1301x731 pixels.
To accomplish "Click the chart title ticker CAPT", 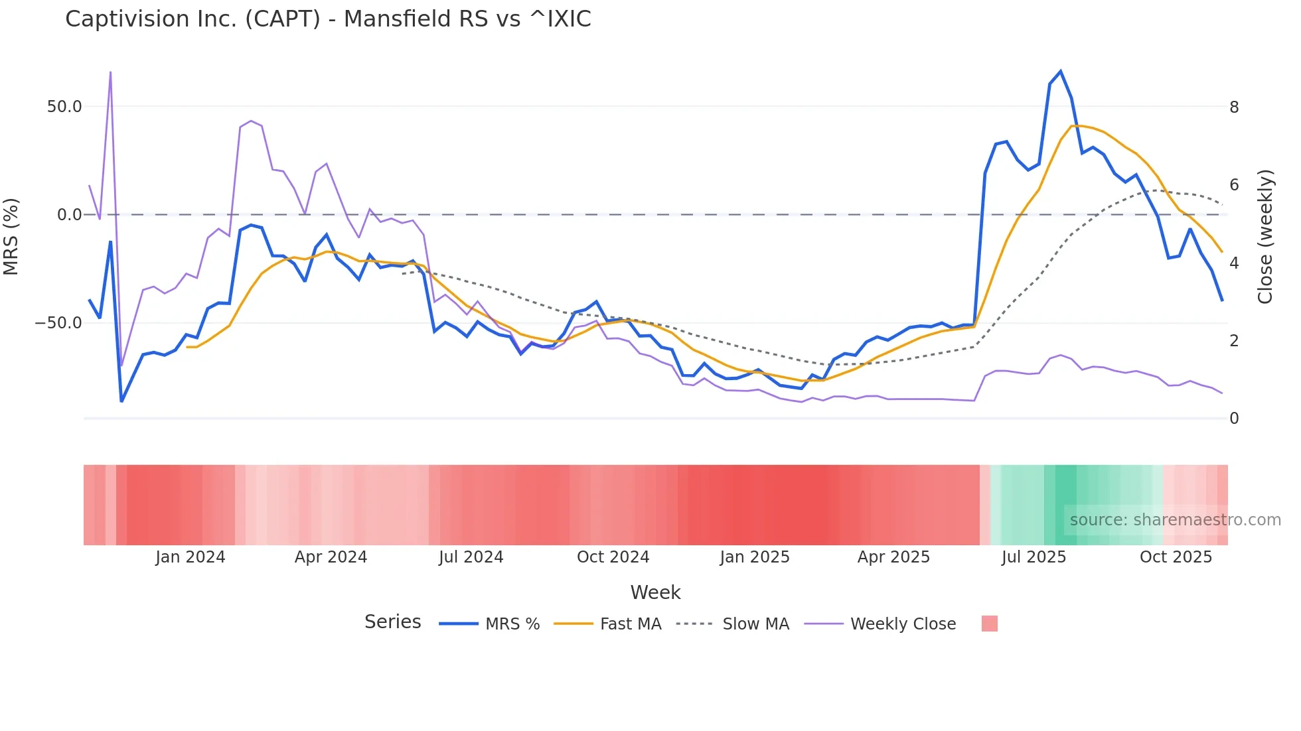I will tap(283, 19).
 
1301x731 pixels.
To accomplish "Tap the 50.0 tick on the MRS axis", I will tap(64, 107).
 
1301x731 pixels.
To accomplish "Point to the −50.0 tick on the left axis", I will tap(59, 323).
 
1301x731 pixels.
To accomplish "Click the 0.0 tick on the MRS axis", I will tap(69, 215).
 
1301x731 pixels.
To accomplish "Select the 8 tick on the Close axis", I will tap(1234, 107).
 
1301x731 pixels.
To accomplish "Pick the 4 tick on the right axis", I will tap(1234, 263).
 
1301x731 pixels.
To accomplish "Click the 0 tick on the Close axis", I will tap(1234, 419).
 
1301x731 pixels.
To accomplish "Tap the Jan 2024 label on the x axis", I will tap(191, 557).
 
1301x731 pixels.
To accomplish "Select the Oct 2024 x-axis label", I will tap(613, 557).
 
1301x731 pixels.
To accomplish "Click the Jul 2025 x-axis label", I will tap(1033, 557).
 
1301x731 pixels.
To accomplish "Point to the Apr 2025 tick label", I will tap(893, 557).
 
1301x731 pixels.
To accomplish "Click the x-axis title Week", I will tap(655, 592).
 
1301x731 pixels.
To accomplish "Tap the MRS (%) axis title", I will tap(11, 237).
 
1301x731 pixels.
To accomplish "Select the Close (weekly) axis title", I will tap(1266, 237).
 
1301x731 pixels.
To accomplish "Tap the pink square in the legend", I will tap(989, 624).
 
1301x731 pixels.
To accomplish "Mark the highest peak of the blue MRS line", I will tap(1061, 71).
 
